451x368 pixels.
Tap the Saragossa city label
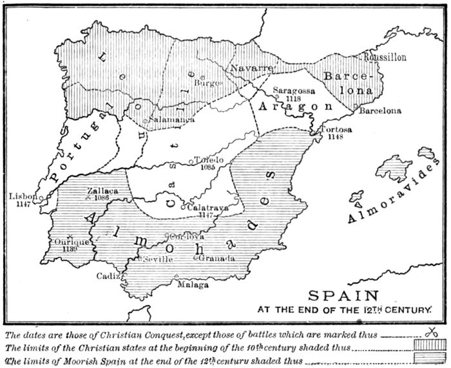(293, 91)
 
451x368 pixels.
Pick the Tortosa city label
(336, 130)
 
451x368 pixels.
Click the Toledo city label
(209, 160)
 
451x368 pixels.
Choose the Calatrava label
(207, 207)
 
